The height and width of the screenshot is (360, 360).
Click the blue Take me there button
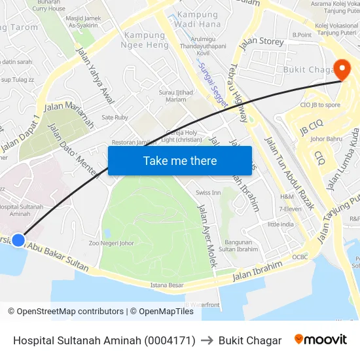[180, 160]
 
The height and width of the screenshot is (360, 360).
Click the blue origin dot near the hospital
[18, 240]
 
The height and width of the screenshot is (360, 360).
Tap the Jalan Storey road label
[262, 43]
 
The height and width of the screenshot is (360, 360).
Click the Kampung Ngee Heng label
[144, 40]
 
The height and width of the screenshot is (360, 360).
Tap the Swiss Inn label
[208, 192]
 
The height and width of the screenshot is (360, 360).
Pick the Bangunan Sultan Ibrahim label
[238, 245]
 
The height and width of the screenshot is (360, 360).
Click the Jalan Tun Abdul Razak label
[289, 172]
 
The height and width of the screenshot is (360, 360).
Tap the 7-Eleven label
[289, 209]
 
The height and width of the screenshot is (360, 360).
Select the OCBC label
[300, 257]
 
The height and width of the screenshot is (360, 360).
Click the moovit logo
[321, 340]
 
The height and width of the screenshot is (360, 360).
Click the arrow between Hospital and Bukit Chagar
[207, 340]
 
